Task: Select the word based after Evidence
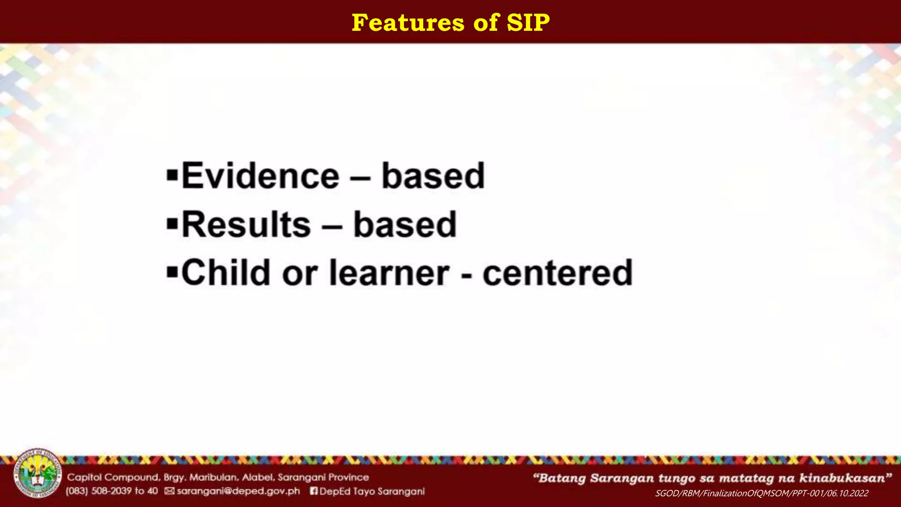point(433,176)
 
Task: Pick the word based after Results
point(405,224)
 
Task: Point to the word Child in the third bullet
point(226,272)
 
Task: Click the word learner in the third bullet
point(389,273)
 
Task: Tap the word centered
point(557,273)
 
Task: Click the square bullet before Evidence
point(172,176)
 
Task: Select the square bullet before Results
point(172,224)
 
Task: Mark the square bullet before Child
point(172,272)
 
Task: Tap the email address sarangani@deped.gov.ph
point(238,491)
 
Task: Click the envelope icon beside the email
point(169,491)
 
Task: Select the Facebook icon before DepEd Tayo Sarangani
point(314,491)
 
